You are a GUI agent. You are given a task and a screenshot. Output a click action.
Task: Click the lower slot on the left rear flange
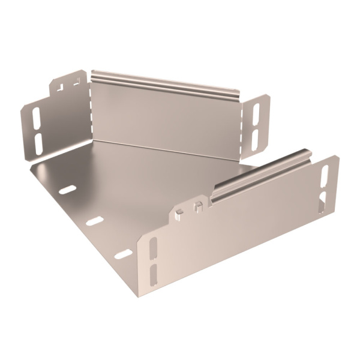pos(39,142)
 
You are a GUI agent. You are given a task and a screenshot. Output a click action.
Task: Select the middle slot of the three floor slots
pos(94,221)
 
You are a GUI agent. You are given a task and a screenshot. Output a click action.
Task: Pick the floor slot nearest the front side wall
pos(123,254)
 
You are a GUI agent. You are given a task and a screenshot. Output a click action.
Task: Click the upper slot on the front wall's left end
pos(153,246)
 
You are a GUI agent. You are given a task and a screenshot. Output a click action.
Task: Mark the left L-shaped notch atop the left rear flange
pos(60,87)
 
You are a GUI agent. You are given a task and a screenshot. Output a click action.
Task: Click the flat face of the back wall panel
pos(165,117)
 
